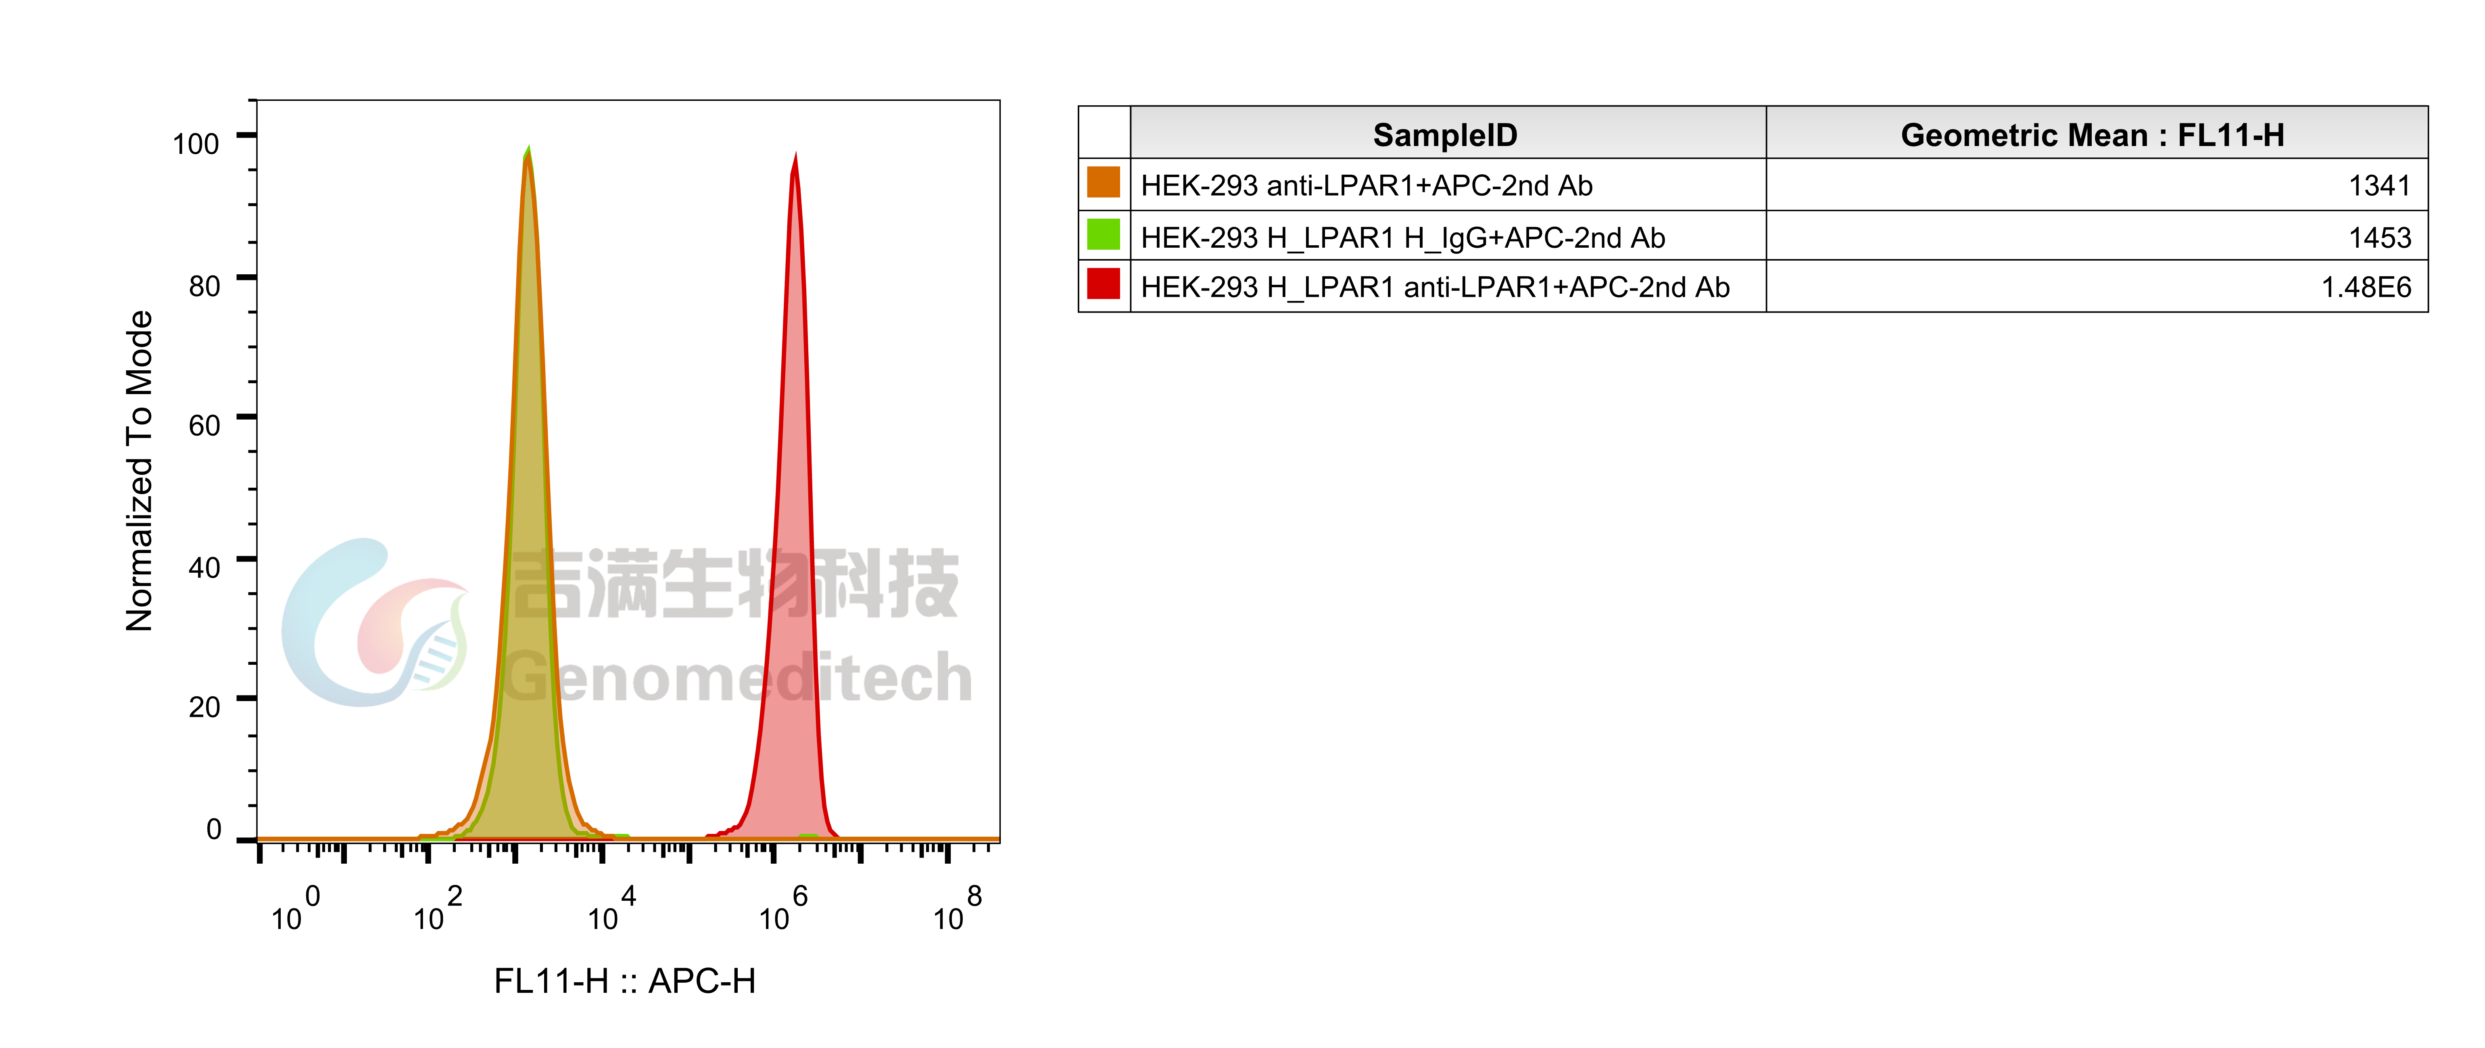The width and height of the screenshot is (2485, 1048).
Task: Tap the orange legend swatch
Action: click(x=1103, y=182)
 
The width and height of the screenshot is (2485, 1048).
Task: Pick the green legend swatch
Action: click(x=1103, y=234)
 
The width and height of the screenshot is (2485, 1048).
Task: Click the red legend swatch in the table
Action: click(x=1103, y=285)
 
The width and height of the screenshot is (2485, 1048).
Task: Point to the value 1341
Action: click(x=2379, y=185)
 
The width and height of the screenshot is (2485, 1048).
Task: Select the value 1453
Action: click(x=2379, y=237)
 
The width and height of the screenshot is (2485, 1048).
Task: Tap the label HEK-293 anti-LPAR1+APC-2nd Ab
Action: click(x=1366, y=185)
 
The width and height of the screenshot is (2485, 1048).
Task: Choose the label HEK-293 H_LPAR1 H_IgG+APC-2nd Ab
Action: click(x=1403, y=237)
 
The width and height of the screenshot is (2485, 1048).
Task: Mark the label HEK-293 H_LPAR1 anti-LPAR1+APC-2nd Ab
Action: click(x=1434, y=288)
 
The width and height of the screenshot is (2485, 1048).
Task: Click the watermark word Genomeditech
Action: click(x=738, y=677)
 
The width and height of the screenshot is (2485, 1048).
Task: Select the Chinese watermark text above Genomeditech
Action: click(x=735, y=584)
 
